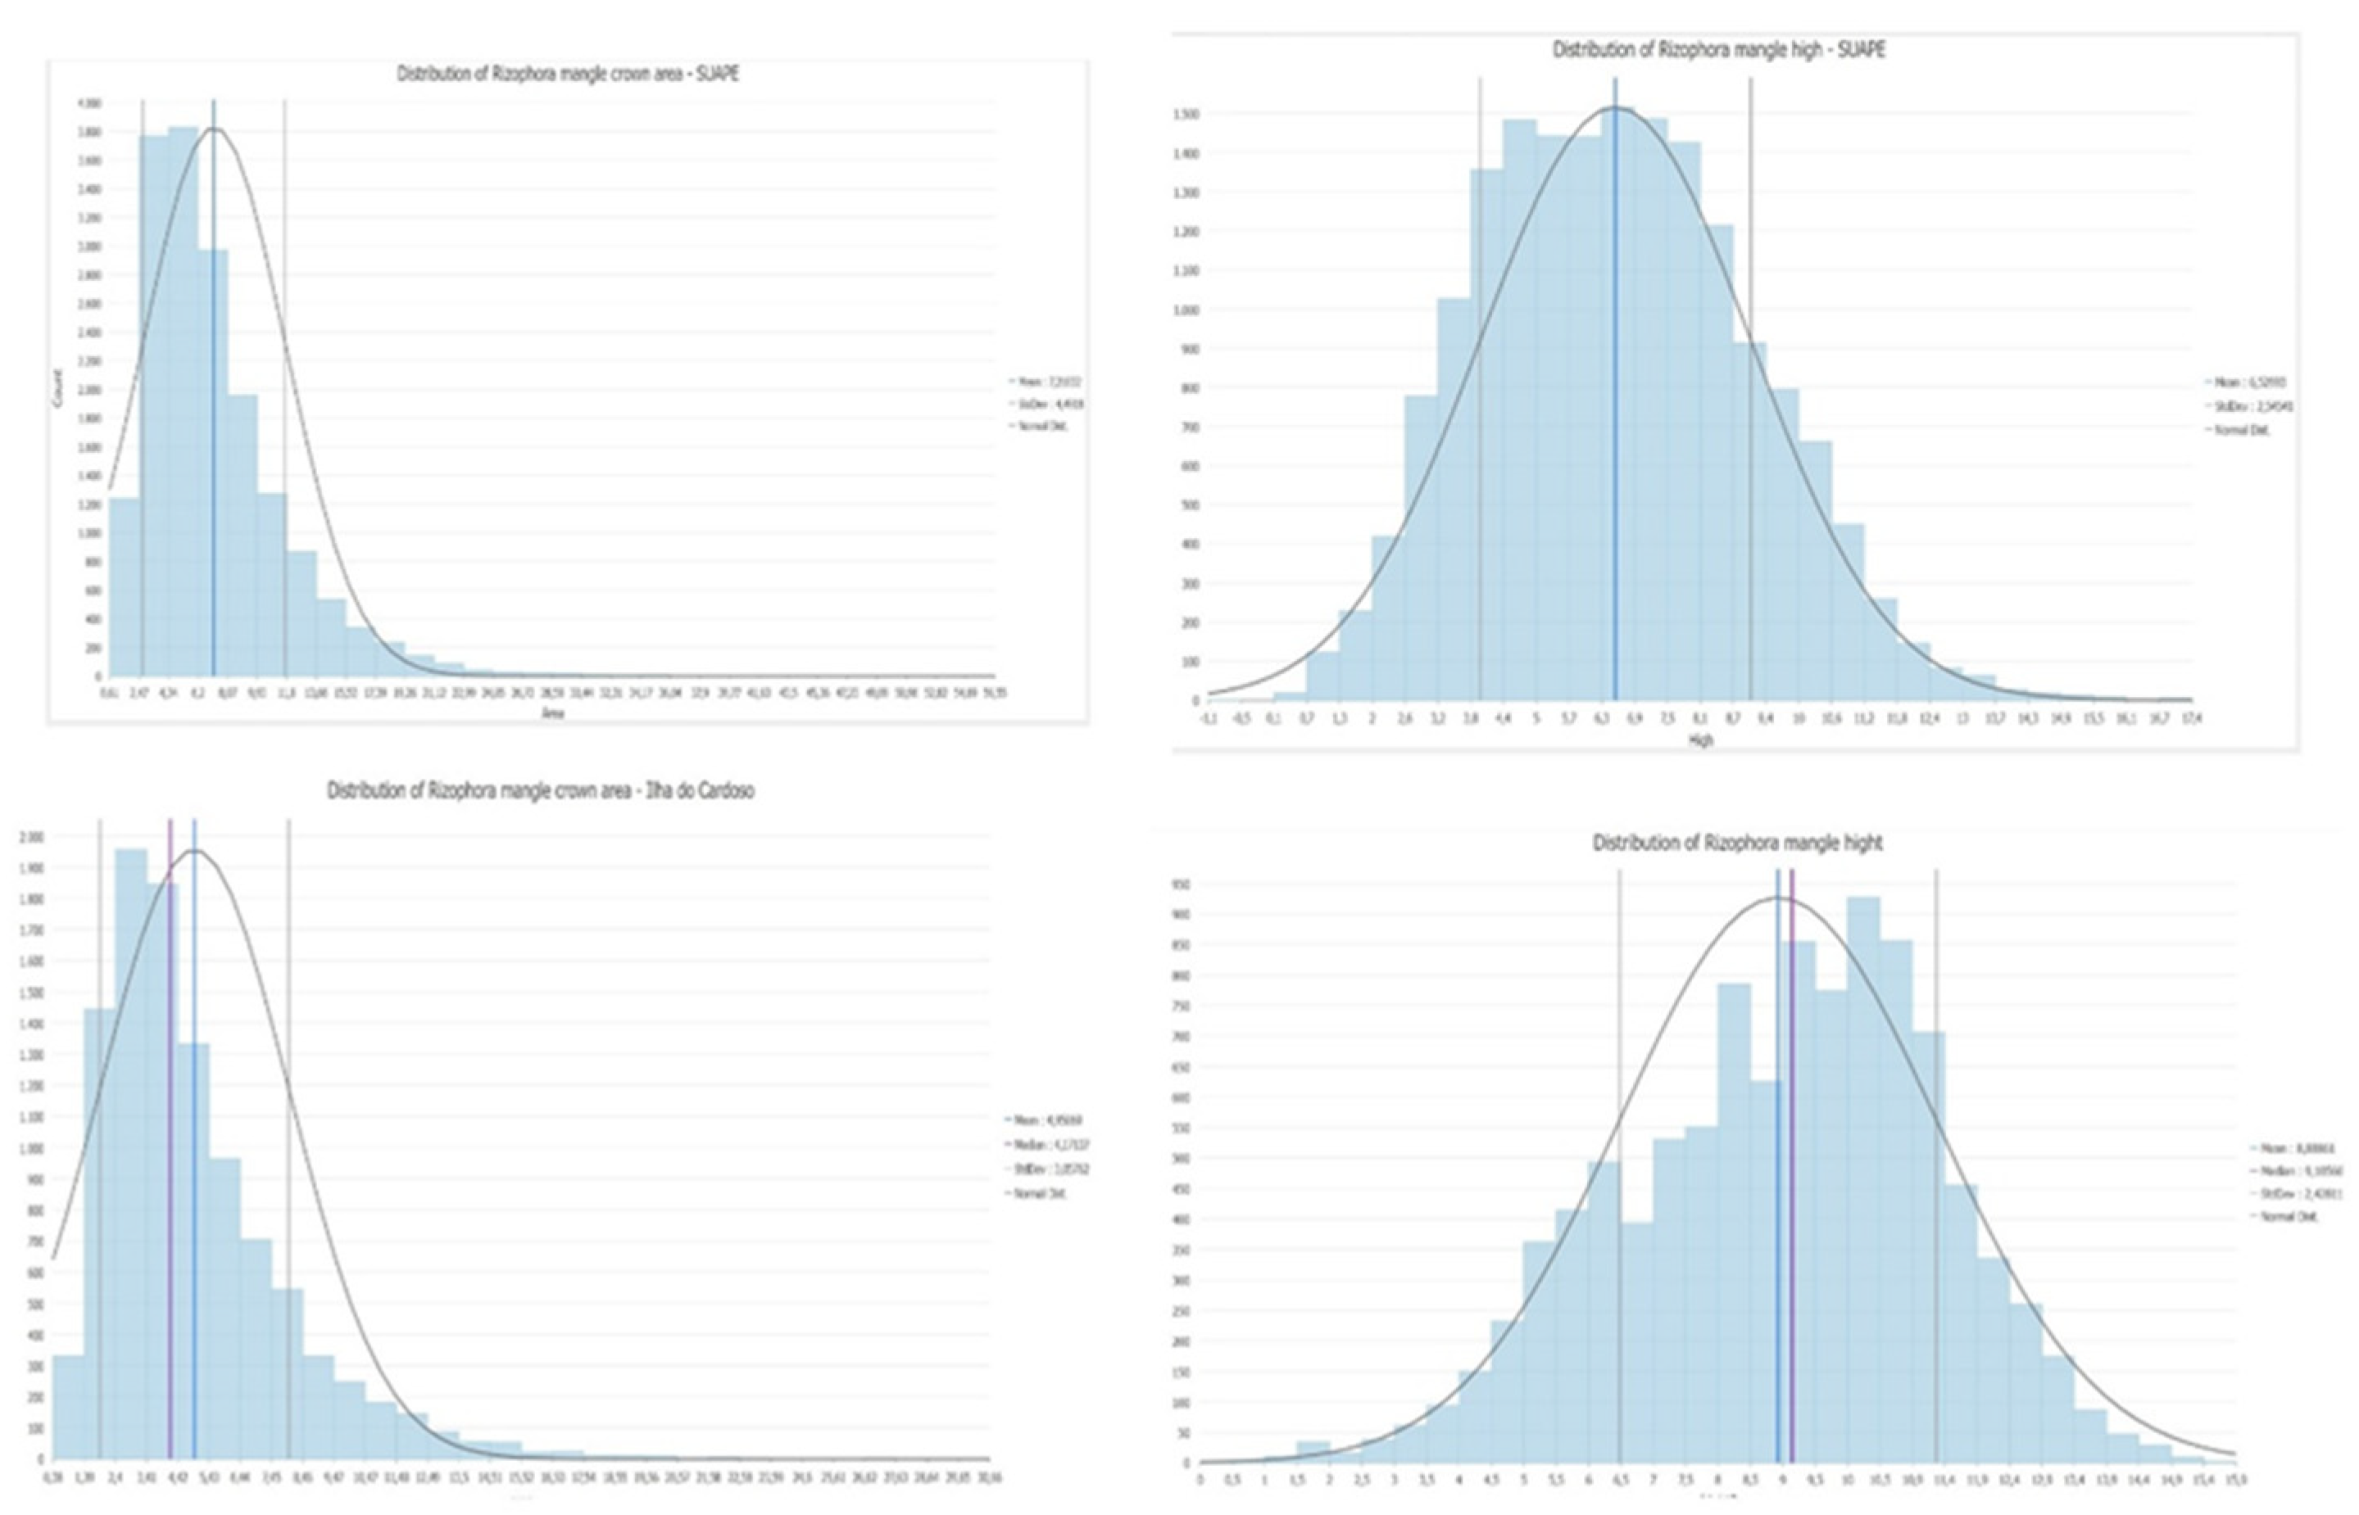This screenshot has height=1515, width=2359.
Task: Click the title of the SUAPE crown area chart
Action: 568,74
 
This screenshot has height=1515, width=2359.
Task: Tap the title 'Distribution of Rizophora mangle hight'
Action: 1737,843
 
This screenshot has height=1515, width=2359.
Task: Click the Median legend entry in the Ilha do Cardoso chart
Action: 1051,1144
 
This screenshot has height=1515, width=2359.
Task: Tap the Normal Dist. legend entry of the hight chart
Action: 2282,1216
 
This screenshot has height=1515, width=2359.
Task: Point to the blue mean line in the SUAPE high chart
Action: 1615,394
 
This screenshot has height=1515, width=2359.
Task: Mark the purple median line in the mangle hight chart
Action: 1792,1181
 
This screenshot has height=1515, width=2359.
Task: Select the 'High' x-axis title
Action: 1699,739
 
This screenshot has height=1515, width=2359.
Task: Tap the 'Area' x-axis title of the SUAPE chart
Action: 553,713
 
